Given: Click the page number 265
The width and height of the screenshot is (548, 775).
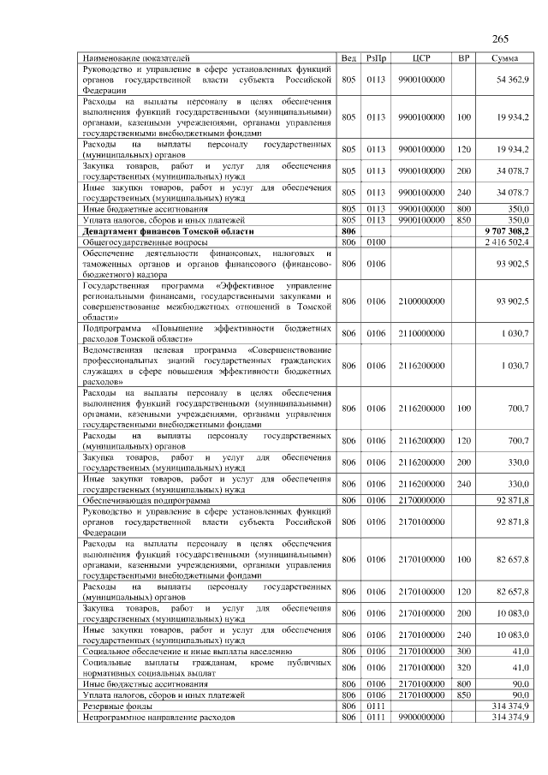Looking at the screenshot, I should click(501, 39).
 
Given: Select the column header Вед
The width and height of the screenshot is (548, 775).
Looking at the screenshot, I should click(348, 57).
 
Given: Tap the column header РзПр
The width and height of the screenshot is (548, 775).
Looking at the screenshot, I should click(376, 57).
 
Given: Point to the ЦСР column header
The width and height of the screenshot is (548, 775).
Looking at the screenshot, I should click(420, 57).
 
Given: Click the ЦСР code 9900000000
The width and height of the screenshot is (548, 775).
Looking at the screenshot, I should click(420, 716).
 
